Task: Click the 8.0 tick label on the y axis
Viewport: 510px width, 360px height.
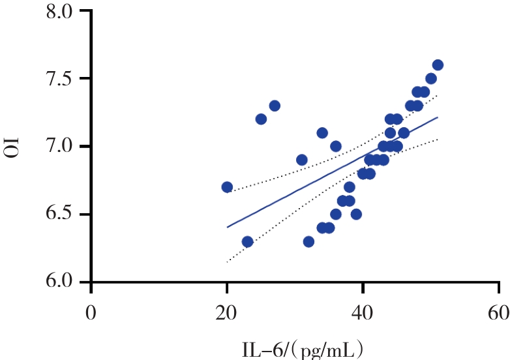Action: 65,12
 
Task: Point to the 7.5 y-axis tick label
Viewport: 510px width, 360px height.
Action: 65,80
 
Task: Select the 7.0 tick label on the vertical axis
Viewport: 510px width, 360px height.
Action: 65,147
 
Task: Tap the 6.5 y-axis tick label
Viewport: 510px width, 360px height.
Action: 65,215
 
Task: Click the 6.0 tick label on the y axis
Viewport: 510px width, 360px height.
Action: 65,282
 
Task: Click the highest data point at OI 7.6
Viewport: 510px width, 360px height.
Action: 438,65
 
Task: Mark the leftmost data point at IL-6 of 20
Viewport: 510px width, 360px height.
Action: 227,187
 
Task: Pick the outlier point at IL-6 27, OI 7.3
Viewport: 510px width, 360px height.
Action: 275,106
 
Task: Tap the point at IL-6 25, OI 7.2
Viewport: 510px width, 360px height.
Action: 261,119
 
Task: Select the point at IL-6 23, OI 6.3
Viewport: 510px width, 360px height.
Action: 247,241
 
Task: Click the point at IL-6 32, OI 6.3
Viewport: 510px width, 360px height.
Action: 308,241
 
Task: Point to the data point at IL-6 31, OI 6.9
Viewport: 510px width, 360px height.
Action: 301,160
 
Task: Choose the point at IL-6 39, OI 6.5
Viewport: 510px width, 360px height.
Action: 356,214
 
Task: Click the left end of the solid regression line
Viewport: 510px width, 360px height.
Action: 227,227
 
